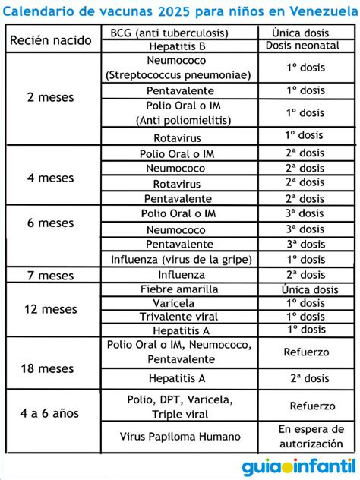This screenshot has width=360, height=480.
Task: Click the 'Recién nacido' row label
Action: click(52, 40)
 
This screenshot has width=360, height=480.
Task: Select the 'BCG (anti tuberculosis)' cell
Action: click(180, 33)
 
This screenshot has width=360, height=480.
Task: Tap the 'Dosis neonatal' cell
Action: click(302, 46)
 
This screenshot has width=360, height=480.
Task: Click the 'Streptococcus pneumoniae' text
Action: click(180, 75)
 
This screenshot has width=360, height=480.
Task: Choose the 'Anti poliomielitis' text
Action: click(180, 120)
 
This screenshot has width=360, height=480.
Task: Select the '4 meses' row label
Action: click(52, 178)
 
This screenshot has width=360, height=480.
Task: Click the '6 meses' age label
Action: click(52, 223)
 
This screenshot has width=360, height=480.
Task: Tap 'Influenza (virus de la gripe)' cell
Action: click(180, 258)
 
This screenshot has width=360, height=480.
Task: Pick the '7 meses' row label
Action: click(52, 274)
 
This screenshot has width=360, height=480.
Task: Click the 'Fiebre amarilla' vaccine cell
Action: click(180, 289)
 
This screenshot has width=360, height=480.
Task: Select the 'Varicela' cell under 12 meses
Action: click(180, 303)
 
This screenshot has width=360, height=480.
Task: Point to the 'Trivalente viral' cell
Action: click(180, 316)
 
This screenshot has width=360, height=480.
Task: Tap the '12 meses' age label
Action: click(52, 309)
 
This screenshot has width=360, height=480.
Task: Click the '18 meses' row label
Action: click(52, 368)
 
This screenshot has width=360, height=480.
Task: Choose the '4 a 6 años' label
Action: click(52, 414)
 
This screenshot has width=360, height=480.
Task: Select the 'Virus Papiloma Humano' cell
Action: click(180, 437)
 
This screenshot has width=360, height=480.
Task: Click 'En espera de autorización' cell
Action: click(305, 436)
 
